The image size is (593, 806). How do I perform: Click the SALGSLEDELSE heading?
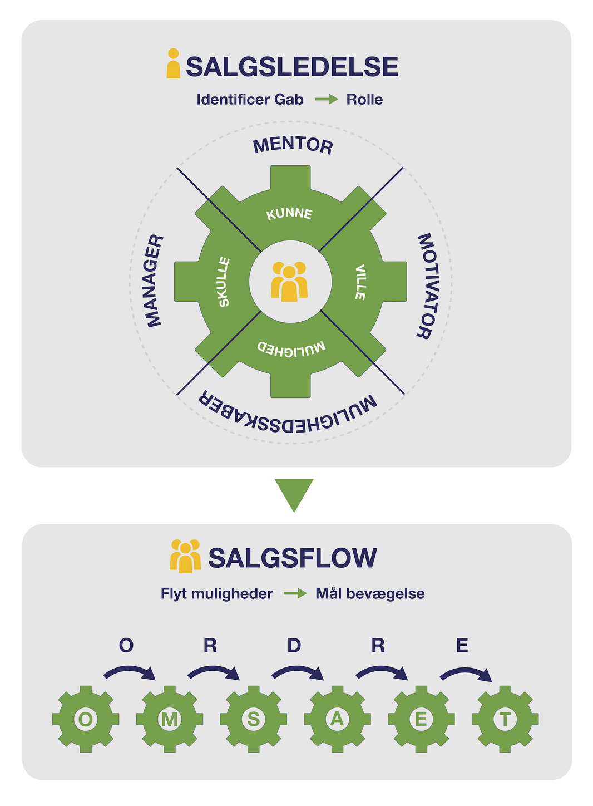point(292,67)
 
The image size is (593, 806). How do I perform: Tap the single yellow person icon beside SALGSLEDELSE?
point(174,63)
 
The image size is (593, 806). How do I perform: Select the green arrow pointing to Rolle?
point(327,100)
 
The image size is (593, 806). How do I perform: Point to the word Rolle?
point(364,100)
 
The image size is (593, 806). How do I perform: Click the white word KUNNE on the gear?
point(289,214)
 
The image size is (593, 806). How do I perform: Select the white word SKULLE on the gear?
point(224,282)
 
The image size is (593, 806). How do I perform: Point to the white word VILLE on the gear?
point(360,282)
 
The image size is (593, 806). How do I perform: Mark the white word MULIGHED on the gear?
point(291,348)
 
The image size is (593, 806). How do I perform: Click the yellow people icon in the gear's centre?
point(289,282)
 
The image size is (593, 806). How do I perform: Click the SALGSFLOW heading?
point(293,558)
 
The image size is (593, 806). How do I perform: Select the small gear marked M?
point(169,719)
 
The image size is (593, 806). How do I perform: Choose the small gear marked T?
point(505,719)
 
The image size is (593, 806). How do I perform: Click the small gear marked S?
point(253,719)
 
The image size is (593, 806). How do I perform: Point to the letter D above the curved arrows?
point(294,646)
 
